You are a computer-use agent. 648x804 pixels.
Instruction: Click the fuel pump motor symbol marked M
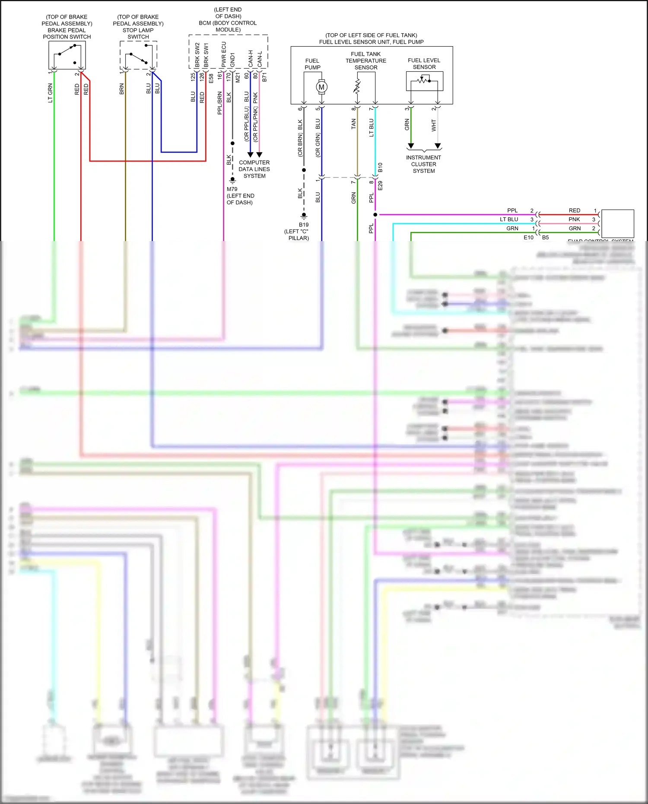tap(321, 87)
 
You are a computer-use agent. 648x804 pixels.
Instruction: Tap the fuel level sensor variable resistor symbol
tap(424, 80)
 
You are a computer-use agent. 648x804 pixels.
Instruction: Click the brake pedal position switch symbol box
tap(67, 55)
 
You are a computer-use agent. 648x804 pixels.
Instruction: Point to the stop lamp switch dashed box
tap(138, 55)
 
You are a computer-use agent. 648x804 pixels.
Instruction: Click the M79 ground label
tap(232, 189)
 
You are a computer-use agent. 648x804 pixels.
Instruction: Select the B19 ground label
tap(304, 225)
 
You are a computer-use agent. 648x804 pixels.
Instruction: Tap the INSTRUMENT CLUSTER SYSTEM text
tap(424, 164)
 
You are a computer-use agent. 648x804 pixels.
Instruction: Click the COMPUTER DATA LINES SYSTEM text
tap(254, 169)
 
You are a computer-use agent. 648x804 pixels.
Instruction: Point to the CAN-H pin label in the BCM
tap(251, 59)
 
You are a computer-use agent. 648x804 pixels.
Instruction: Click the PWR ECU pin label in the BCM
tap(224, 54)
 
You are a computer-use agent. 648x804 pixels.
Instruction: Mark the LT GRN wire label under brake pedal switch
tap(50, 93)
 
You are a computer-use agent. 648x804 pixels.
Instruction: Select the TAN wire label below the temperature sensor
tap(353, 124)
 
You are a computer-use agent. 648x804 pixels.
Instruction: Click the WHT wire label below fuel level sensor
tap(434, 126)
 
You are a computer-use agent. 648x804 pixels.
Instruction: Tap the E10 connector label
tap(528, 238)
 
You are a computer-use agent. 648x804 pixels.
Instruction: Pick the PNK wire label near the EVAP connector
tap(574, 219)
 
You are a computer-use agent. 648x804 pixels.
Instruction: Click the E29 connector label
tap(380, 186)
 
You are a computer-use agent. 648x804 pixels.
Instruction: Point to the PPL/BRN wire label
tap(219, 103)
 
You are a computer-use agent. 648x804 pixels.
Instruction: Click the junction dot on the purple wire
tap(375, 215)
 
